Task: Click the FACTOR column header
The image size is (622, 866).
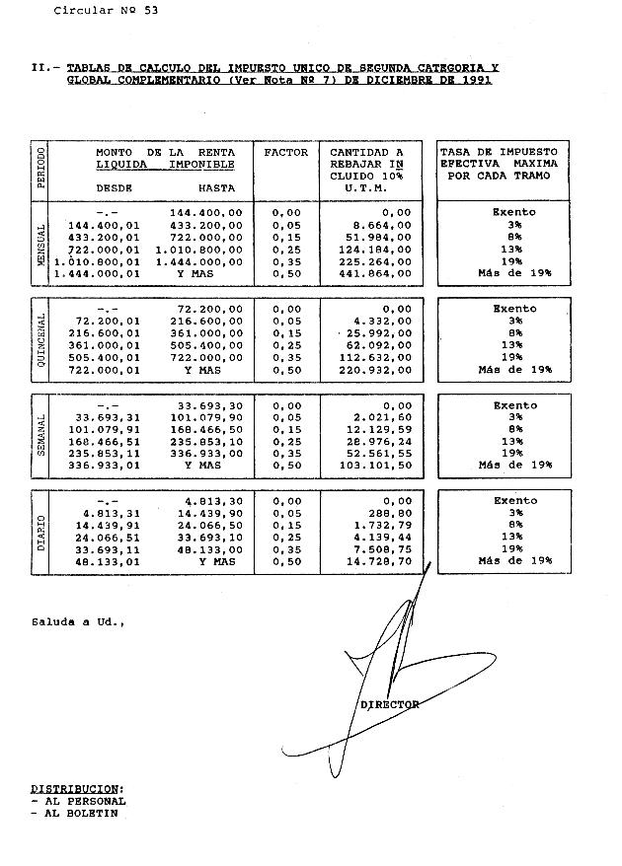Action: point(286,153)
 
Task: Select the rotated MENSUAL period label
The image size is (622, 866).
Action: point(41,246)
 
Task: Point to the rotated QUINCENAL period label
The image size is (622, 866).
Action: point(41,340)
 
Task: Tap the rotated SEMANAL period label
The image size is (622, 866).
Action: point(41,436)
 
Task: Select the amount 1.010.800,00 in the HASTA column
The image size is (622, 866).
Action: point(198,250)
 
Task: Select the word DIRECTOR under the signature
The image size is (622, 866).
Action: point(390,705)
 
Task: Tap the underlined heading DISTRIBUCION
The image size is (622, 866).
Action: point(77,789)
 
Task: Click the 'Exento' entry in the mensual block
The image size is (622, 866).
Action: point(513,212)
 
